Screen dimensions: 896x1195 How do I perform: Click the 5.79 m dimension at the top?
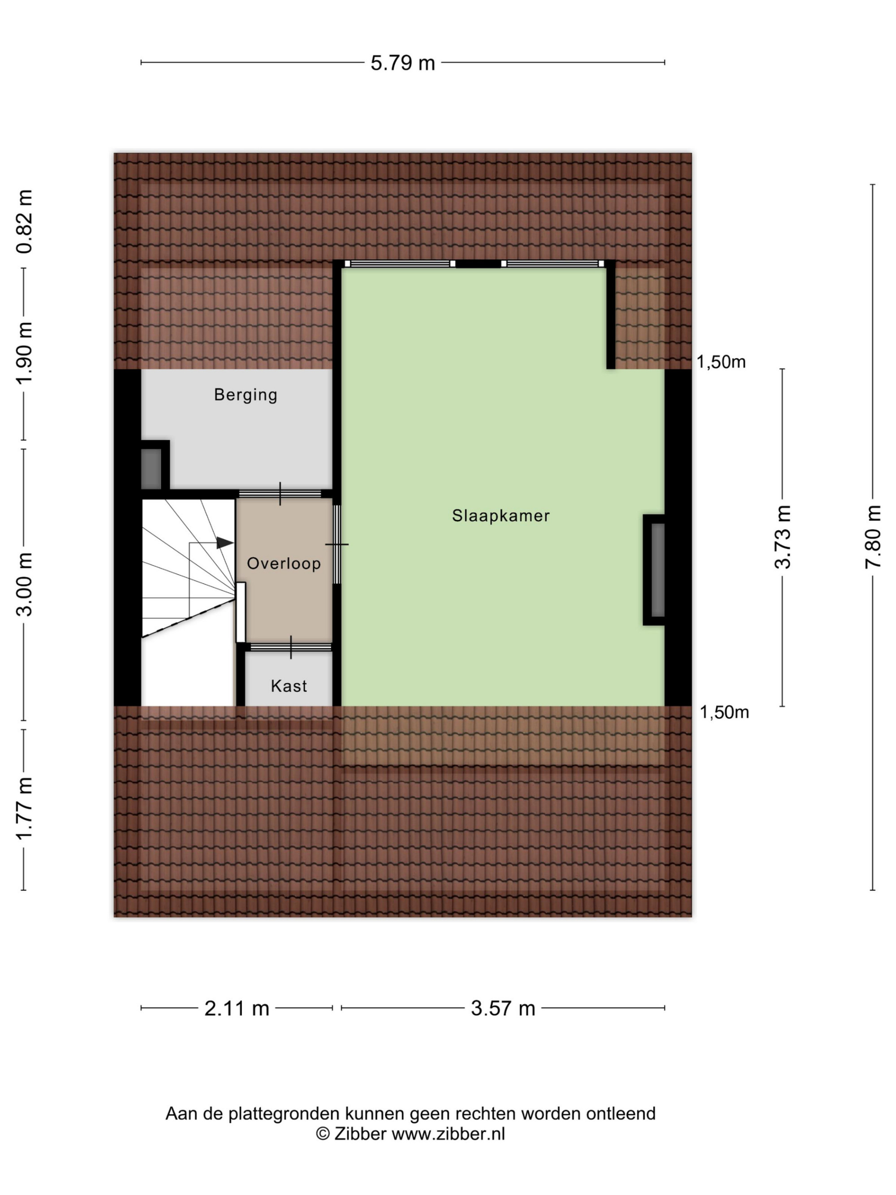click(x=402, y=63)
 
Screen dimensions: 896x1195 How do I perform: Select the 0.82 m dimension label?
click(x=25, y=221)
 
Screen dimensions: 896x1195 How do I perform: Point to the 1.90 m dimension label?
click(x=25, y=353)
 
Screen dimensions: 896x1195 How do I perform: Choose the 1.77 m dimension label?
click(x=25, y=808)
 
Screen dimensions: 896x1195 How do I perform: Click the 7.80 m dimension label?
click(x=873, y=536)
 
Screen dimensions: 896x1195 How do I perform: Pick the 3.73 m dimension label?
click(x=783, y=536)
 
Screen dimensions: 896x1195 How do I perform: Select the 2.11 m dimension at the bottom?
click(x=237, y=1009)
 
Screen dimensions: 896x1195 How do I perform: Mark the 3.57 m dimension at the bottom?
click(x=503, y=1009)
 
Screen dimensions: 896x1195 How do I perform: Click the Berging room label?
click(x=246, y=395)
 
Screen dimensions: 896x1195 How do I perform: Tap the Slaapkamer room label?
click(x=501, y=516)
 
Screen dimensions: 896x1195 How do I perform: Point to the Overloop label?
click(x=284, y=564)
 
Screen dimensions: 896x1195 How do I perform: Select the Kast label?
click(x=289, y=686)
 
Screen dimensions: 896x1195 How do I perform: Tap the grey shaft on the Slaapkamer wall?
click(x=657, y=570)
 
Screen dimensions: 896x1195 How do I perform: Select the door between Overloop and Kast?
click(x=291, y=647)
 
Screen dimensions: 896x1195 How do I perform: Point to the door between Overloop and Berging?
click(x=280, y=493)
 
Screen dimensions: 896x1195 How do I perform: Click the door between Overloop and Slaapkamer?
click(x=336, y=544)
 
